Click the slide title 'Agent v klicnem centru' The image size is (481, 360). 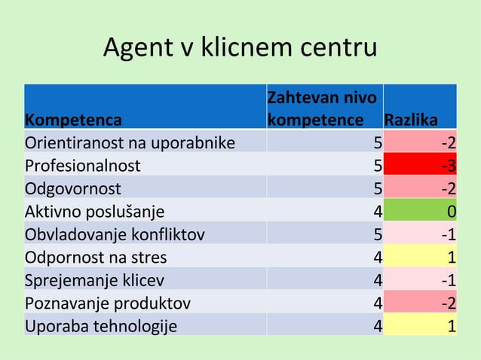tap(240, 48)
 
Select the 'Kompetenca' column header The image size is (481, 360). tap(73, 120)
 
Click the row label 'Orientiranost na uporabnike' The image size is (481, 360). tap(130, 142)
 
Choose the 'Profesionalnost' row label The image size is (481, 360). tap(83, 165)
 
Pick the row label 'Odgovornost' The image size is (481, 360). tap(72, 188)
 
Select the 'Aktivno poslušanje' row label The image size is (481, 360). tap(94, 210)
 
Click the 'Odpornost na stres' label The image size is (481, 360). tap(96, 257)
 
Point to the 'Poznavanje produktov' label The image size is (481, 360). tap(108, 304)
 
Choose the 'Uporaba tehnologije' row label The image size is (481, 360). tap(101, 326)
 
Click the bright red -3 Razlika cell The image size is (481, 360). tap(421, 165)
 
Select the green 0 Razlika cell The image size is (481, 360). tap(421, 210)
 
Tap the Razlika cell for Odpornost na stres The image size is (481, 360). tap(421, 257)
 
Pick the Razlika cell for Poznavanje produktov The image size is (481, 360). tap(421, 304)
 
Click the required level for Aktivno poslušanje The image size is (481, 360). tap(325, 210)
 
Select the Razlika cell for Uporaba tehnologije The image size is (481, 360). tap(421, 326)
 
